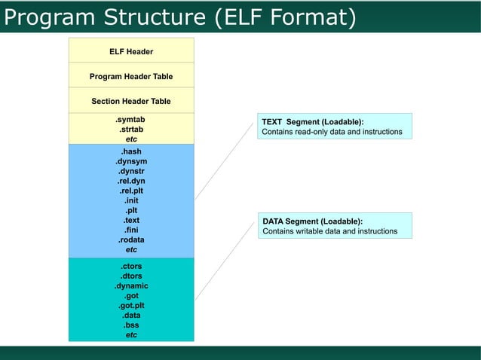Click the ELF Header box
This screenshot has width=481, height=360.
click(131, 51)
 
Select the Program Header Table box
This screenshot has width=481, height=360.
click(131, 76)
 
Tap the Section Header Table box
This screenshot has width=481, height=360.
click(131, 101)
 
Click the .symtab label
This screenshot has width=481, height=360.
click(131, 120)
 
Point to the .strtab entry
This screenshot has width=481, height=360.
click(131, 130)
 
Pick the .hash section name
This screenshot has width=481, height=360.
click(131, 152)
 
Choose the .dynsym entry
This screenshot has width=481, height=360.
click(131, 162)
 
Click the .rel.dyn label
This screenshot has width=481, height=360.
click(131, 182)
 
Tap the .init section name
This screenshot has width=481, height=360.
click(131, 201)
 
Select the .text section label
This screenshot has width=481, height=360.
click(131, 221)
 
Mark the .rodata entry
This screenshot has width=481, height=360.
click(131, 240)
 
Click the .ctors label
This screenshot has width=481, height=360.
click(131, 267)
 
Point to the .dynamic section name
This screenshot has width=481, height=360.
click(131, 286)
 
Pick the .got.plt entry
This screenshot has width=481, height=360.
click(131, 306)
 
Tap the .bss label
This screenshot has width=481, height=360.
click(131, 325)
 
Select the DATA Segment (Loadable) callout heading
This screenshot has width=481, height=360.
click(312, 221)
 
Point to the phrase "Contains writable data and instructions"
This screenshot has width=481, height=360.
click(329, 231)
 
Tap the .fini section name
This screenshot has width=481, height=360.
click(131, 230)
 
